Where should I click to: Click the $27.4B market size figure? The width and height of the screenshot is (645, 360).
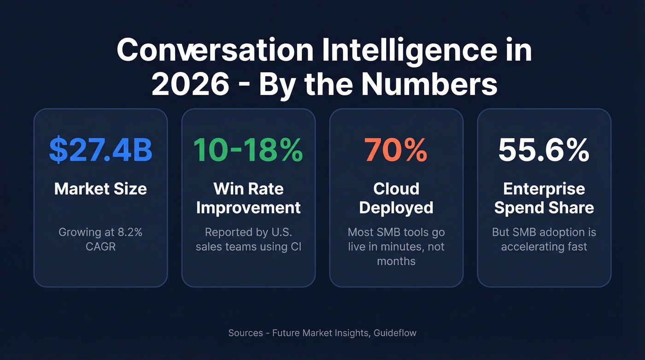(100, 150)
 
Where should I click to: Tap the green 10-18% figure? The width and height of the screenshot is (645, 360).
(248, 150)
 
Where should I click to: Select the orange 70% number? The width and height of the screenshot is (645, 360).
(396, 150)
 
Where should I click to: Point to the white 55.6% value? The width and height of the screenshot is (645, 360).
(544, 150)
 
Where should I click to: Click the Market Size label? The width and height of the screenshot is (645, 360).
(100, 189)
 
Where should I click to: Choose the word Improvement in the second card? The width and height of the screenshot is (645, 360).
(248, 207)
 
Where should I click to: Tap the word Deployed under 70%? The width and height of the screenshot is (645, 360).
(396, 207)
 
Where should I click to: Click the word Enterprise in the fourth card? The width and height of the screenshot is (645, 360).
(544, 189)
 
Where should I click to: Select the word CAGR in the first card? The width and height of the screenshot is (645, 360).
(100, 247)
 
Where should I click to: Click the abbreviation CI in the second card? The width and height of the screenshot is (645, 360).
(295, 247)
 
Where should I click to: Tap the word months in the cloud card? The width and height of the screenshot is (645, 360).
(396, 261)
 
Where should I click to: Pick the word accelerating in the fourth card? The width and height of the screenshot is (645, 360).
(528, 247)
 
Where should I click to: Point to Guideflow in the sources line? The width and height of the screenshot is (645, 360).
(395, 332)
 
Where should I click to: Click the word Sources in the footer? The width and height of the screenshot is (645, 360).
(246, 332)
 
